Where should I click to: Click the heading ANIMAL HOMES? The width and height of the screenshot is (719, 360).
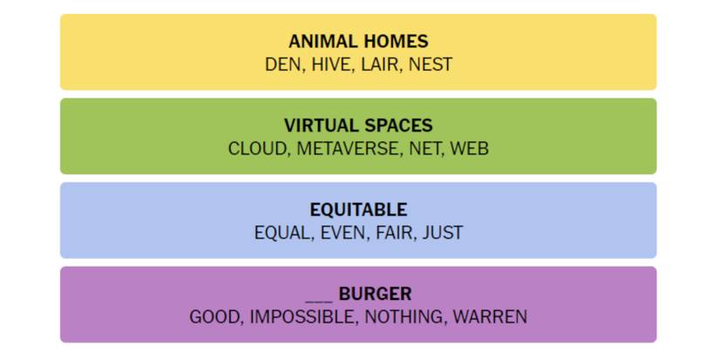(x=358, y=42)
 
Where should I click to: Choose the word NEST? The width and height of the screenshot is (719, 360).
(x=431, y=65)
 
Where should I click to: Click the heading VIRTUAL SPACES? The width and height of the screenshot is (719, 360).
(x=358, y=126)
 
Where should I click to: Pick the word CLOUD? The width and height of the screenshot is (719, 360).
(x=257, y=149)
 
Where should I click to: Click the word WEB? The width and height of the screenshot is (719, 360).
(x=470, y=149)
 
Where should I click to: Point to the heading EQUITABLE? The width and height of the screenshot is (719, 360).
(x=358, y=210)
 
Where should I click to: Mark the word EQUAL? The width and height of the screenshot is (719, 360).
(x=282, y=233)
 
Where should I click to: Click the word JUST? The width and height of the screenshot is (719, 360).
(x=443, y=233)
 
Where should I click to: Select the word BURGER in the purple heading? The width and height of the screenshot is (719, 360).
(x=376, y=294)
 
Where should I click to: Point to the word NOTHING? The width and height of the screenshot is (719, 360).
(x=404, y=317)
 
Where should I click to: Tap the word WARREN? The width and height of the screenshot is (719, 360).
(x=490, y=317)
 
